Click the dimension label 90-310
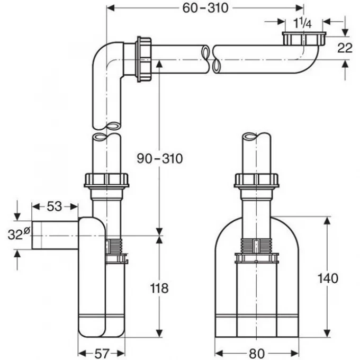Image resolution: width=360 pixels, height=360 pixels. click(159, 158)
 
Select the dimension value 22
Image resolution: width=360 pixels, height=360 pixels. click(345, 48)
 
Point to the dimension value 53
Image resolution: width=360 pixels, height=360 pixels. click(54, 206)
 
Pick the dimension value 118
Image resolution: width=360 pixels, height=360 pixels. click(159, 288)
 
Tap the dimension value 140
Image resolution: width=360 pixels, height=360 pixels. click(329, 277)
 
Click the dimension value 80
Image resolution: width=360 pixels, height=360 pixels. click(256, 352)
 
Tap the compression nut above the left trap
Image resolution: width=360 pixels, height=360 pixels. click(107, 179)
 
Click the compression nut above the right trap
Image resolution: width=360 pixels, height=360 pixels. click(256, 179)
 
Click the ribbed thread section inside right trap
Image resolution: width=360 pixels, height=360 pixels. click(256, 245)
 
